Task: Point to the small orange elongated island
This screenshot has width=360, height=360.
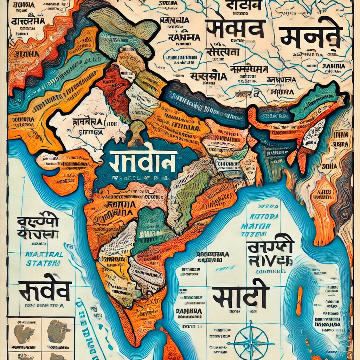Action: pos(299,301)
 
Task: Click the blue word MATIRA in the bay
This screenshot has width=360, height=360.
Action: pos(261,226)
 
